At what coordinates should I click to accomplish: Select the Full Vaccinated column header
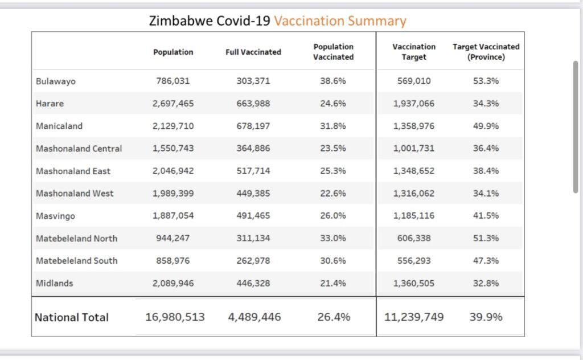253,52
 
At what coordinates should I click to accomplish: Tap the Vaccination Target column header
414,52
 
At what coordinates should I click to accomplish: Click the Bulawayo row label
56,81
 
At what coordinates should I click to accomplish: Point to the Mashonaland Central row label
79,149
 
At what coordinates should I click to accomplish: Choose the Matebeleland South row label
77,261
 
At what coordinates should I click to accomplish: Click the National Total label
72,317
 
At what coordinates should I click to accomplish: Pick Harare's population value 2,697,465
173,104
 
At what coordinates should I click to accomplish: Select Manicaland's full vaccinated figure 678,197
253,126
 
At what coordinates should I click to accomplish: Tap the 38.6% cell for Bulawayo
333,81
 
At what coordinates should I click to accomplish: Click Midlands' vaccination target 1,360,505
414,283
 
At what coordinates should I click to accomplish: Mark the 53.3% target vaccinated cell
486,81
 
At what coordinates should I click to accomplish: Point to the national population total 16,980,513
175,317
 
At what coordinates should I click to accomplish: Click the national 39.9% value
486,317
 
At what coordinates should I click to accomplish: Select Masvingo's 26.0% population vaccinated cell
333,216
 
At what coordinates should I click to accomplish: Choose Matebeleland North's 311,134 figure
253,238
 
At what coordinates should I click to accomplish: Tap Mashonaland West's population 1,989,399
173,194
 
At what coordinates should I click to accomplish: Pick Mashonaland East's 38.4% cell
486,171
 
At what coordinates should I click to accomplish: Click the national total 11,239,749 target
414,317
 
